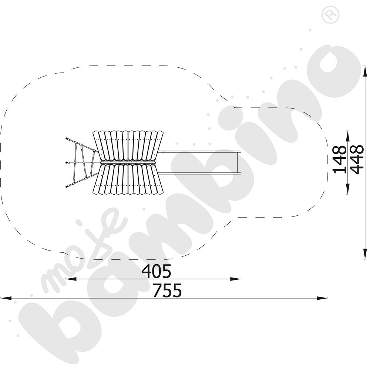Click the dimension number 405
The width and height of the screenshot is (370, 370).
(156, 271)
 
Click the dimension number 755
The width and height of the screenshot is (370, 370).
(167, 290)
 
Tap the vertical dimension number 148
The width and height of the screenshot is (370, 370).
(340, 159)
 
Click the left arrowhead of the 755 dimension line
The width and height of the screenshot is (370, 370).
(6, 298)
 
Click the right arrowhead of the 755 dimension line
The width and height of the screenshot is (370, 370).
(322, 298)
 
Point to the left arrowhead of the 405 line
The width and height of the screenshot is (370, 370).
(71, 279)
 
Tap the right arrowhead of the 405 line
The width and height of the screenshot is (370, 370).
(236, 279)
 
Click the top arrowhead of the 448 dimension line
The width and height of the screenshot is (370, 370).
(365, 71)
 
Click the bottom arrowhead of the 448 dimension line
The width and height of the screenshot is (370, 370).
(365, 254)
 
